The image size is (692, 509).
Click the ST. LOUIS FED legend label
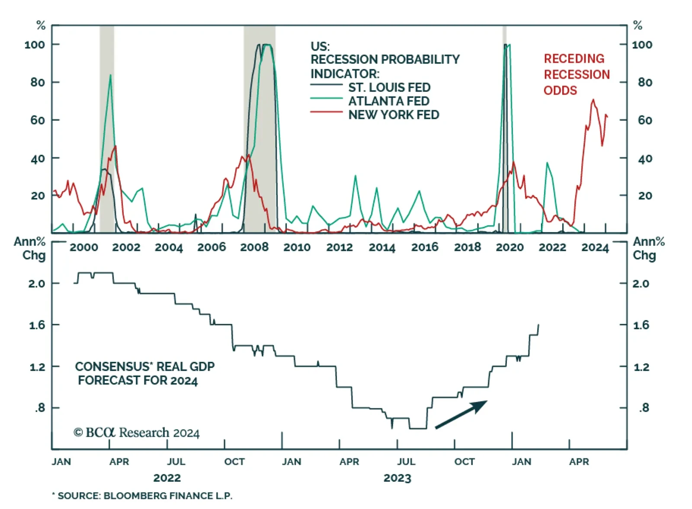(x=389, y=87)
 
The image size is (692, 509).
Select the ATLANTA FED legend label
(x=389, y=101)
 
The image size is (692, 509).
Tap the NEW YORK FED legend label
(x=394, y=115)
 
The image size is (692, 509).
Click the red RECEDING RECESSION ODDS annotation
(x=577, y=74)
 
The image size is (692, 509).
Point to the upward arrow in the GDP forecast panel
(x=461, y=414)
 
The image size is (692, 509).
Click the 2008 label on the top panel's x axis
(x=254, y=247)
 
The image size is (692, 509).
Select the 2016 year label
(x=425, y=247)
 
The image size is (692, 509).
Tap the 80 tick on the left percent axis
(x=38, y=82)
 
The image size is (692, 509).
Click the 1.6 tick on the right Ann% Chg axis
(x=641, y=325)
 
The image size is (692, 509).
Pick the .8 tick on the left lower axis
(x=40, y=408)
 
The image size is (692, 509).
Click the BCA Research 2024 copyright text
(x=137, y=432)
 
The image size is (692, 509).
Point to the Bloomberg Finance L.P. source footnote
(x=143, y=496)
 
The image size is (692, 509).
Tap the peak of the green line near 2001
(x=111, y=75)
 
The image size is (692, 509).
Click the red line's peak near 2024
(x=593, y=100)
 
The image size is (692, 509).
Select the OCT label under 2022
(x=234, y=462)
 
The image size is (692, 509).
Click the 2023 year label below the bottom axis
(x=397, y=478)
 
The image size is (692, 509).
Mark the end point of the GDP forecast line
(x=538, y=325)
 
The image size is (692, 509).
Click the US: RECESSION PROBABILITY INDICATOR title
(x=384, y=60)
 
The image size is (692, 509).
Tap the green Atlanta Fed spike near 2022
(x=547, y=163)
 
